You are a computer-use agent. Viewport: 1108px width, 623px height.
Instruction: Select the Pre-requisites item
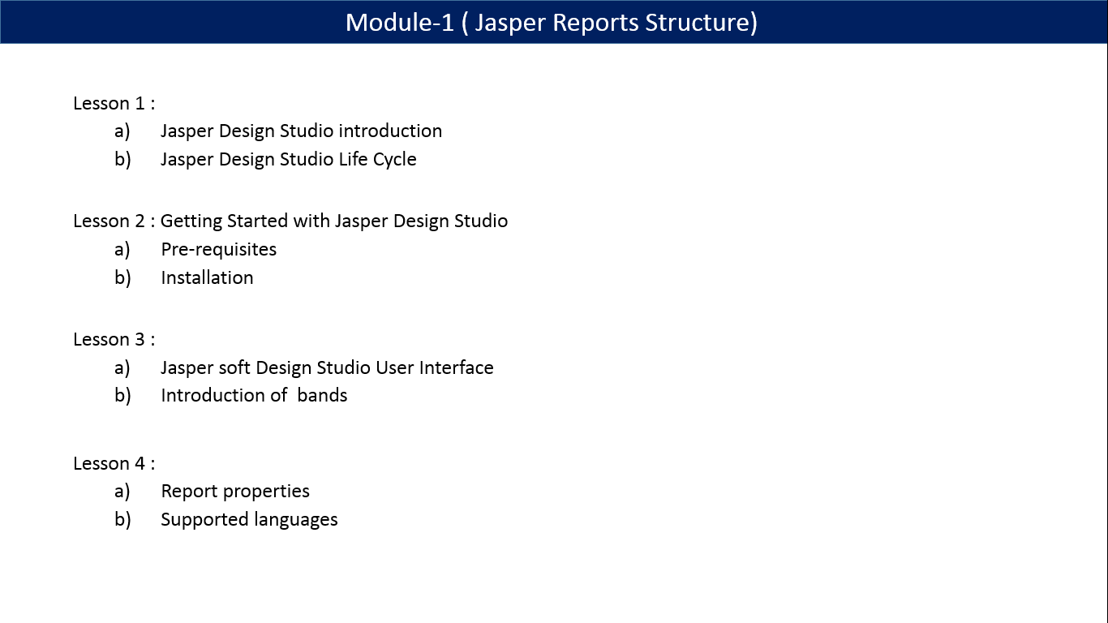tap(219, 249)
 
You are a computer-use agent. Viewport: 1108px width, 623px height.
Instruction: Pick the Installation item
tap(207, 277)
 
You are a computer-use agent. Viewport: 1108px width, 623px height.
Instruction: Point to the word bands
tap(322, 395)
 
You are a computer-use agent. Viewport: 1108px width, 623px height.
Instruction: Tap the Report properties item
tap(235, 491)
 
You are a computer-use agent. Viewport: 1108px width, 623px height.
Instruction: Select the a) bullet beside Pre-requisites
tap(122, 249)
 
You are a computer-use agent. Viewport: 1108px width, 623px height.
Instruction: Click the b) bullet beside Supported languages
tap(122, 519)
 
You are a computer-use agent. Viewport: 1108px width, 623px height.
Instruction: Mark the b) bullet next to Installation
tap(122, 277)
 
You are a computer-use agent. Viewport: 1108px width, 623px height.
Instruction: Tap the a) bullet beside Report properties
tap(122, 491)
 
